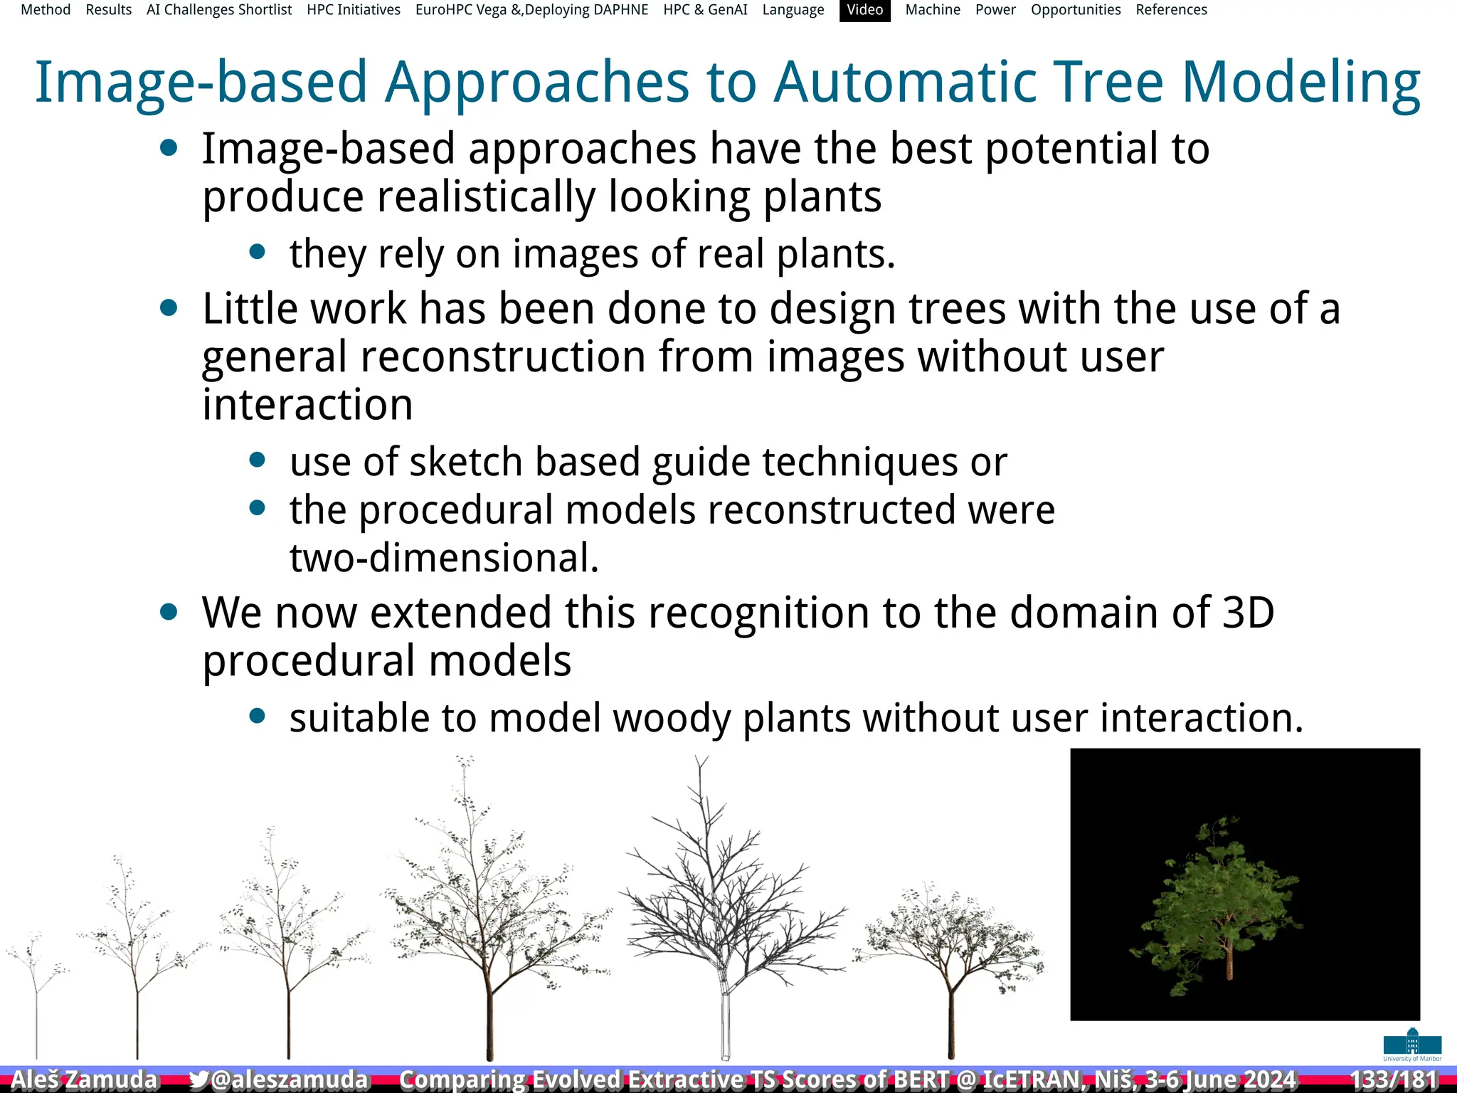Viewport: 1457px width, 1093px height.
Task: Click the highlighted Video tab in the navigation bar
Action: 864,10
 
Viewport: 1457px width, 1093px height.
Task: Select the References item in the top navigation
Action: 1171,10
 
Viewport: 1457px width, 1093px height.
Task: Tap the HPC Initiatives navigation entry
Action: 354,10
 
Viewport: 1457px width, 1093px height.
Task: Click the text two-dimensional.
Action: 444,558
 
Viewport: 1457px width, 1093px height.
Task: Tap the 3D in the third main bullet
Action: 1248,613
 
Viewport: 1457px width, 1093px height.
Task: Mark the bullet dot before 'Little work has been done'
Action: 169,308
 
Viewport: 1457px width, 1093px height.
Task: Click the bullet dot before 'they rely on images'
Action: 258,252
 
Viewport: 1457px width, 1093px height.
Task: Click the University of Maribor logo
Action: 1412,1045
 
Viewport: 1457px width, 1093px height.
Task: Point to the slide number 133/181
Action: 1393,1079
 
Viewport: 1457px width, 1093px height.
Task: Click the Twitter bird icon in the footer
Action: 198,1079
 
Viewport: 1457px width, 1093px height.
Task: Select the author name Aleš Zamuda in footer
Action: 84,1079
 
